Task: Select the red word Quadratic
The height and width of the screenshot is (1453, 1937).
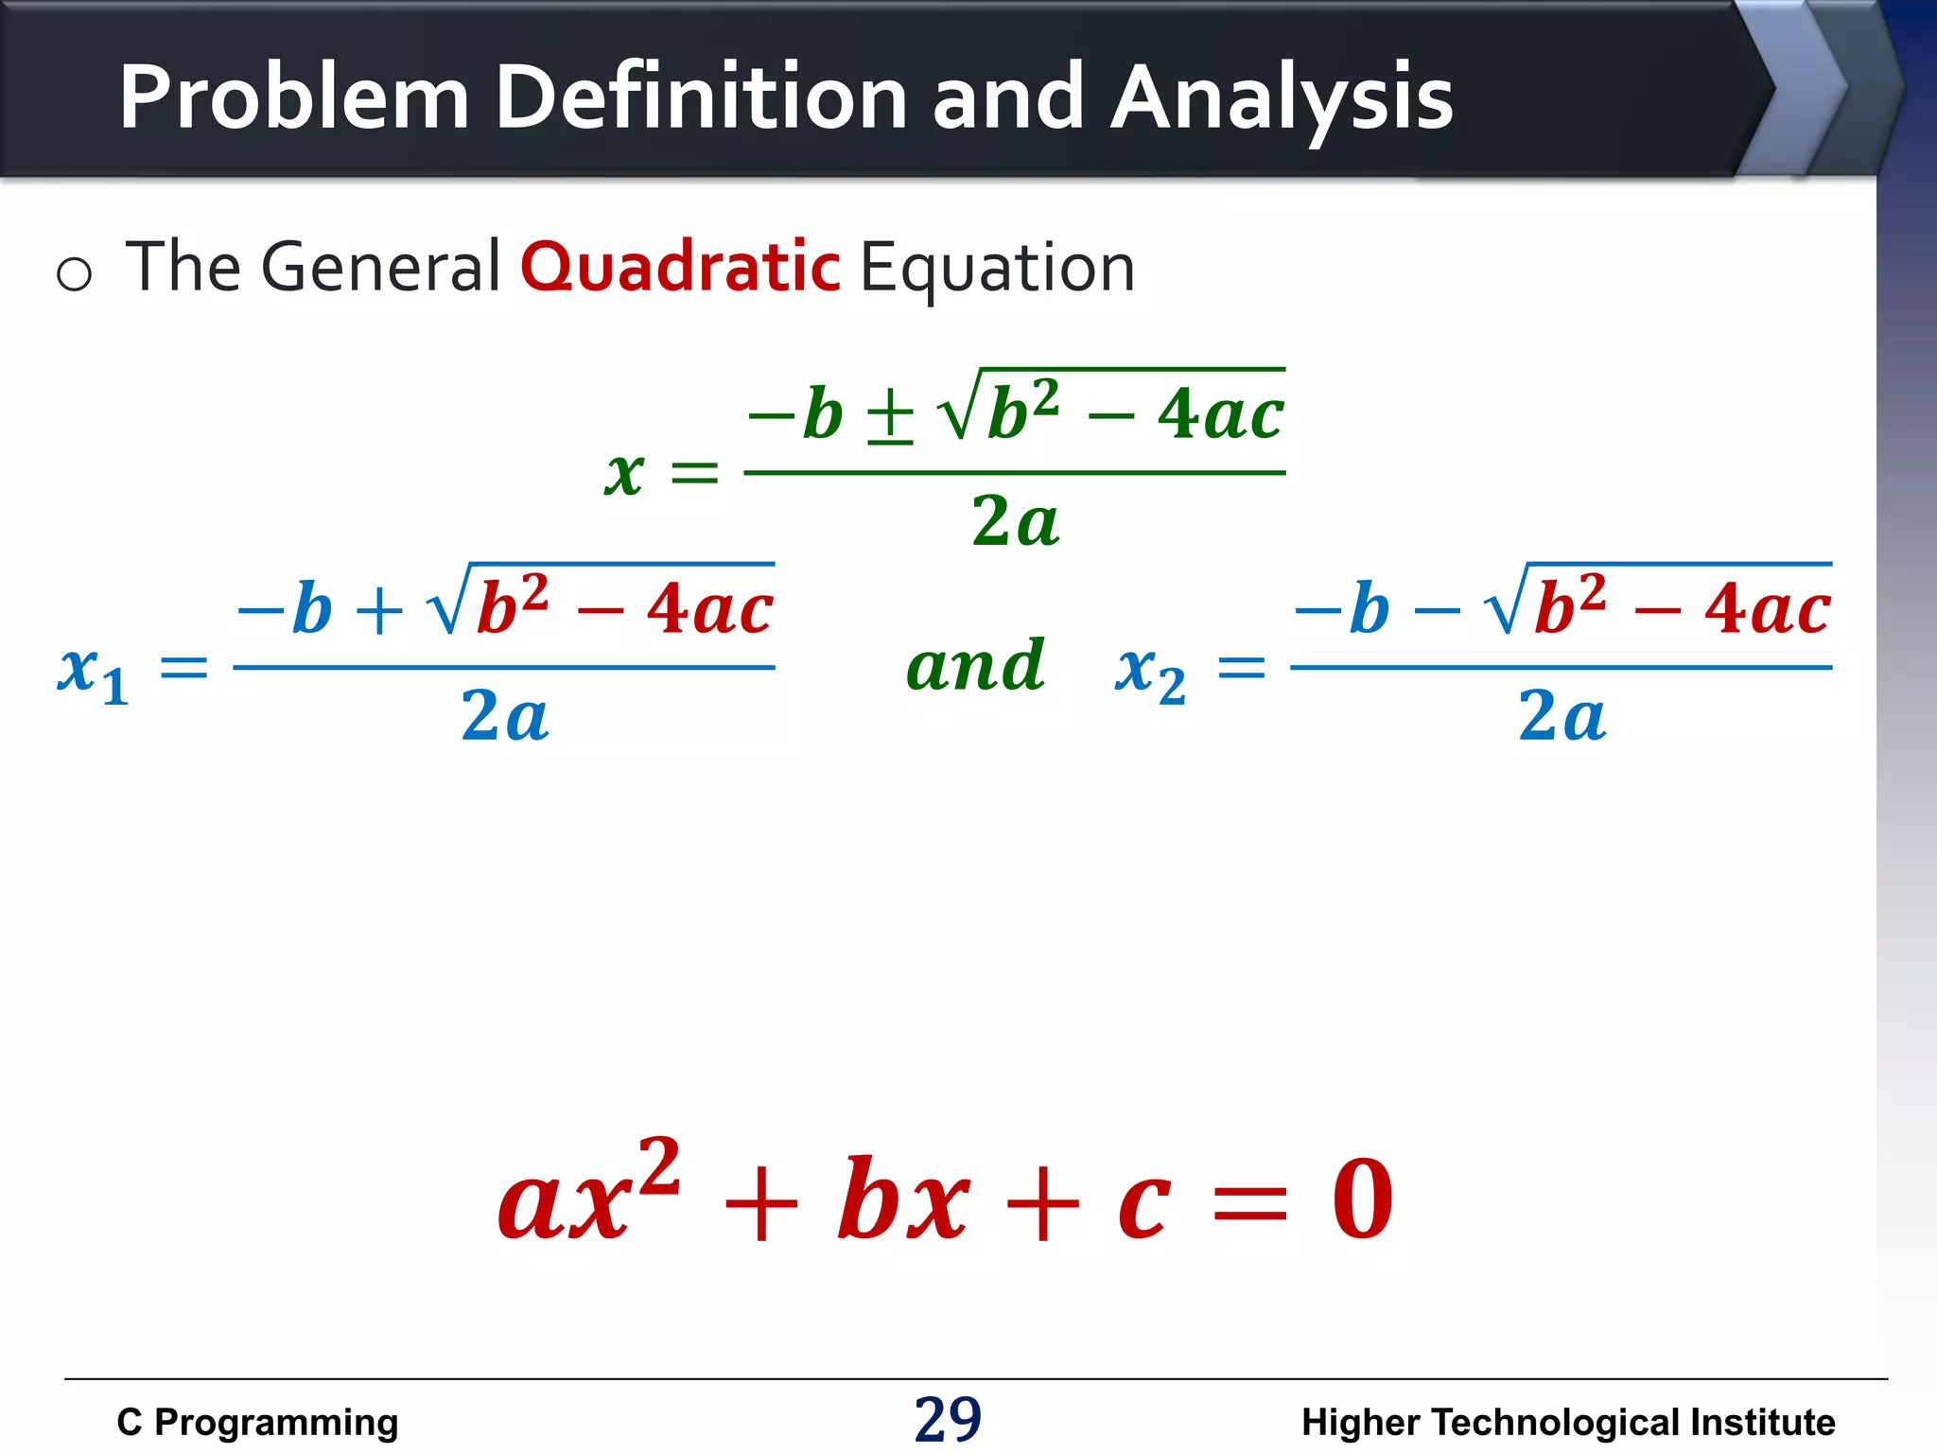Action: click(x=679, y=268)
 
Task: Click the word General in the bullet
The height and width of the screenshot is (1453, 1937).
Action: click(x=379, y=268)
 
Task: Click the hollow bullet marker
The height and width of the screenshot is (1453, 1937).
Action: click(x=74, y=275)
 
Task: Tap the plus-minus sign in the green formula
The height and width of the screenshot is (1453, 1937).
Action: click(x=890, y=417)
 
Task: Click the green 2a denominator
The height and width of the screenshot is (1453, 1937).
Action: click(x=1015, y=521)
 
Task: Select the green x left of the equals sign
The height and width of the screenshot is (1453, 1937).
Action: click(x=624, y=472)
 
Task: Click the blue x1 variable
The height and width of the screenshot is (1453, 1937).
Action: click(x=92, y=673)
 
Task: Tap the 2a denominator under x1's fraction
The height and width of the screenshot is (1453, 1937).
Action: click(x=504, y=716)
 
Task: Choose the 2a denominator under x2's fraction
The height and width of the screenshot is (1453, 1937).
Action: click(x=1562, y=716)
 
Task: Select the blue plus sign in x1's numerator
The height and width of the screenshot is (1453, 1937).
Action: click(x=379, y=612)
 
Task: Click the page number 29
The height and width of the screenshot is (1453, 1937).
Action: click(x=948, y=1419)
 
